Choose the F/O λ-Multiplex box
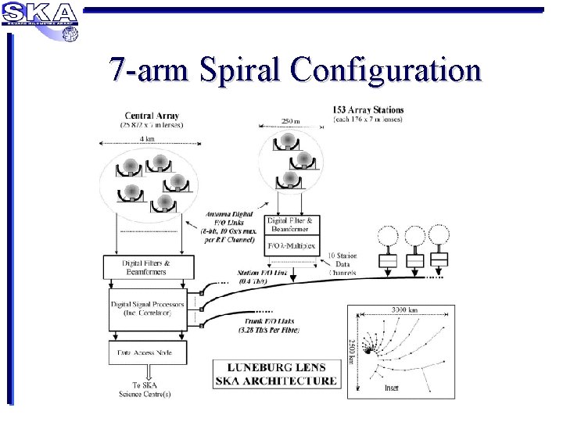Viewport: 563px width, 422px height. click(291, 246)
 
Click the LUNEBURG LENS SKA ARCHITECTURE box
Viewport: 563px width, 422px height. click(277, 375)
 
